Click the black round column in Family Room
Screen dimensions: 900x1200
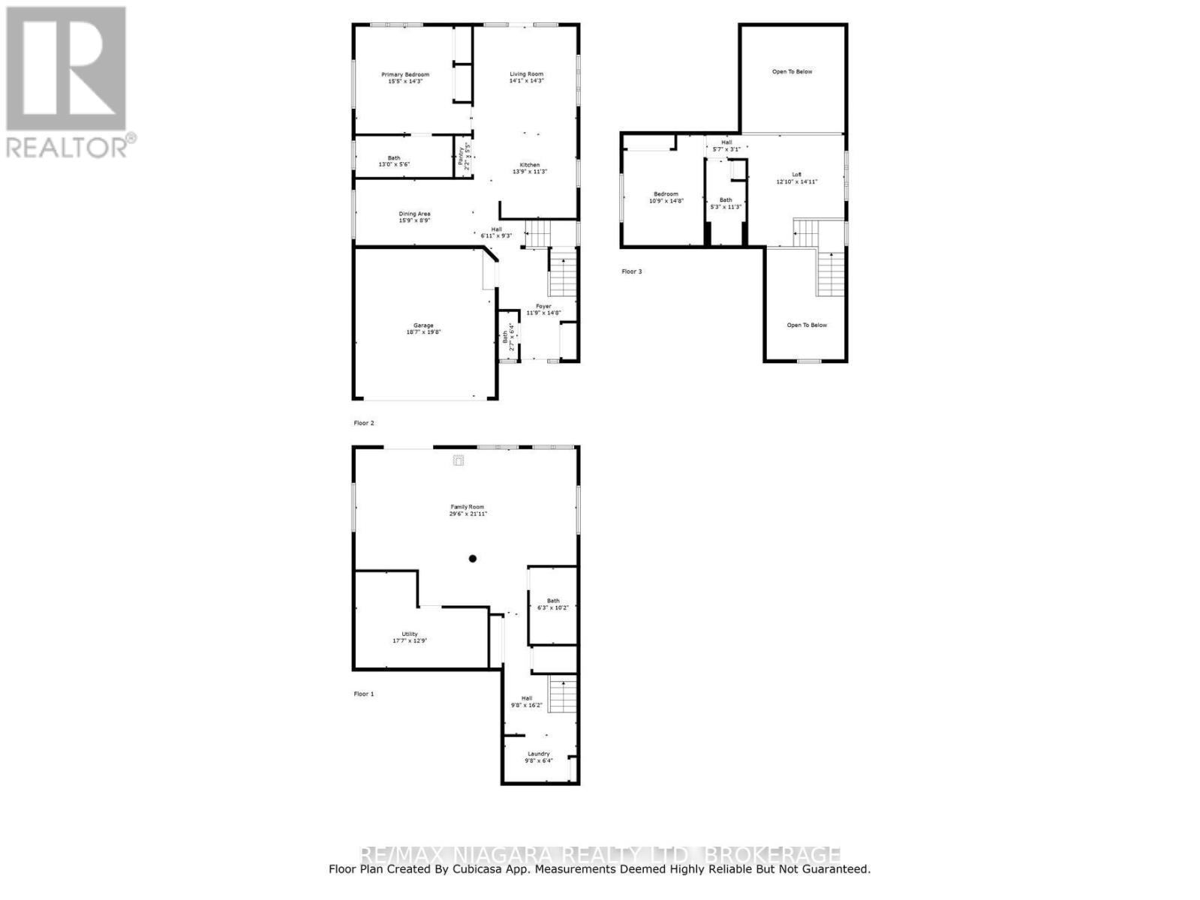(473, 558)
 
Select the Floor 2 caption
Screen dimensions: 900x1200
(364, 423)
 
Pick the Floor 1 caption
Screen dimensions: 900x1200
(364, 694)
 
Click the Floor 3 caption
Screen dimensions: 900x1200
(632, 271)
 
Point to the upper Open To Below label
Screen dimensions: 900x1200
(792, 72)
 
